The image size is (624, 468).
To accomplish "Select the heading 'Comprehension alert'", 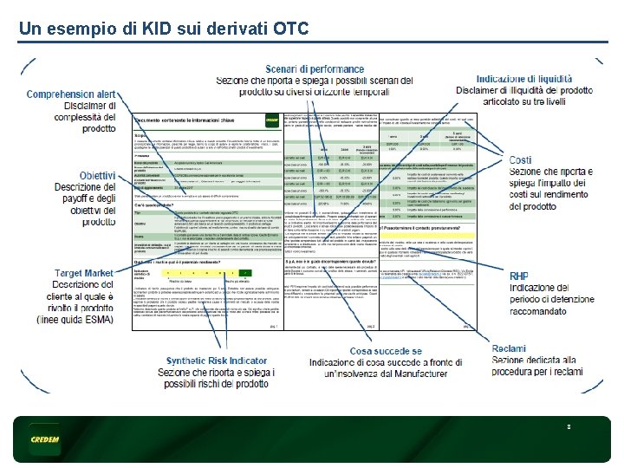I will [71, 94].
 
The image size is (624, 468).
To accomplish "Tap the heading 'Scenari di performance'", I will [314, 68].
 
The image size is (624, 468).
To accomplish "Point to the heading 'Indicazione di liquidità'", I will [523, 79].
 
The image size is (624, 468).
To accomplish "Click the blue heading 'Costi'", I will [520, 160].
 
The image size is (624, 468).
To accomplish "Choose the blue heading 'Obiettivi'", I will [97, 176].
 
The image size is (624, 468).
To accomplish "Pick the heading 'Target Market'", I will [84, 274].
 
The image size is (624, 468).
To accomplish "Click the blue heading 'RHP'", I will [518, 276].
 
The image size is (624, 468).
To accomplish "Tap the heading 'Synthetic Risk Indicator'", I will [217, 361].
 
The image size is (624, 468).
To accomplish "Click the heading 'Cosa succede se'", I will [386, 351].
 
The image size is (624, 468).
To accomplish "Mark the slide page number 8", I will [569, 427].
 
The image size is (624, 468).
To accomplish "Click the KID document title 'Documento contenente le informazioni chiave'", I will [196, 120].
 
